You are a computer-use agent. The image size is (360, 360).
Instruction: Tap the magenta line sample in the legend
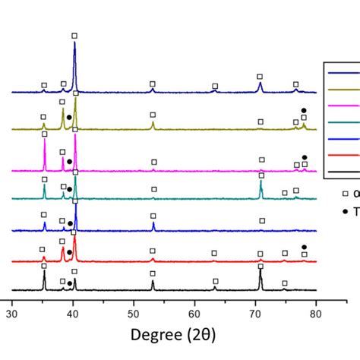tap(341, 108)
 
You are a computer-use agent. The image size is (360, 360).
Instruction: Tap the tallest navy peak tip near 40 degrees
tap(74, 43)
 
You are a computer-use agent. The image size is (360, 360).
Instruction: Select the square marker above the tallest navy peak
tap(74, 36)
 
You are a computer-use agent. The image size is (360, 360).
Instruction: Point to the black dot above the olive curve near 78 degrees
tap(304, 110)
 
